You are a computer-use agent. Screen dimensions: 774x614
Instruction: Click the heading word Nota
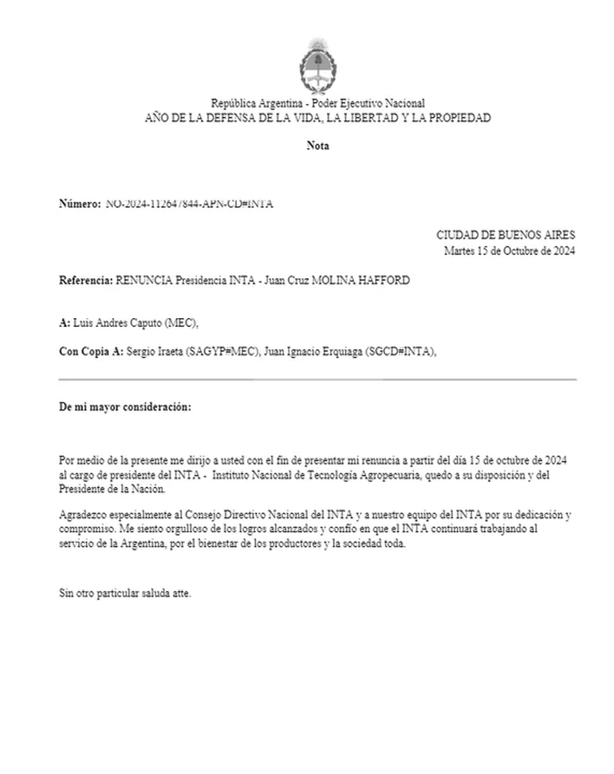pyautogui.click(x=317, y=146)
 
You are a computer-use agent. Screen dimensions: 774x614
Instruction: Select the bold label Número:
pyautogui.click(x=80, y=204)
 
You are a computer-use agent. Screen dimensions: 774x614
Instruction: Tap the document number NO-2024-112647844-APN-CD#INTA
pyautogui.click(x=190, y=204)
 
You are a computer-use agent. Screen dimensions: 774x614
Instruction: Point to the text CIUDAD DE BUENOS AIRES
pyautogui.click(x=506, y=235)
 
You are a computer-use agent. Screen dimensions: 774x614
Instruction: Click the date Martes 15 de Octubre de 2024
pyautogui.click(x=510, y=250)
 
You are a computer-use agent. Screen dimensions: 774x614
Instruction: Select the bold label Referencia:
pyautogui.click(x=86, y=281)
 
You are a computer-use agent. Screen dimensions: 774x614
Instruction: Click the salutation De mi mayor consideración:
pyautogui.click(x=125, y=407)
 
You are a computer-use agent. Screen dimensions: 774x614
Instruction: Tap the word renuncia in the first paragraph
pyautogui.click(x=373, y=461)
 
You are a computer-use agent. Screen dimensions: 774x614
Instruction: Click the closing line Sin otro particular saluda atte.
pyautogui.click(x=125, y=594)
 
